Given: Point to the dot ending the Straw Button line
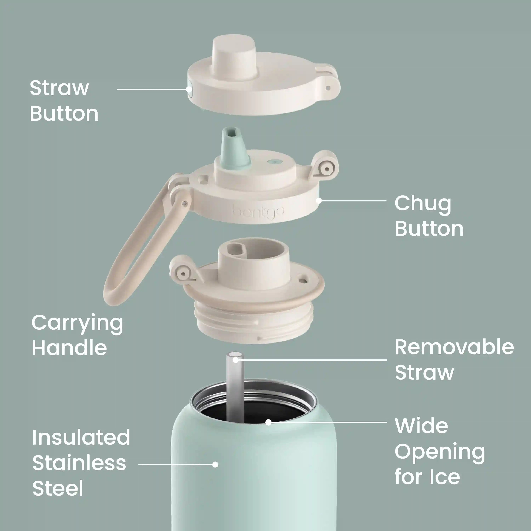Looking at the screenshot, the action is (x=189, y=89).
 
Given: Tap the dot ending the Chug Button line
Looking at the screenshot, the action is (x=319, y=201).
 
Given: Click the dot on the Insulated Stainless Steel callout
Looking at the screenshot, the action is (x=215, y=464).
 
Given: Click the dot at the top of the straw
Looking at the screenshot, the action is (x=236, y=360).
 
